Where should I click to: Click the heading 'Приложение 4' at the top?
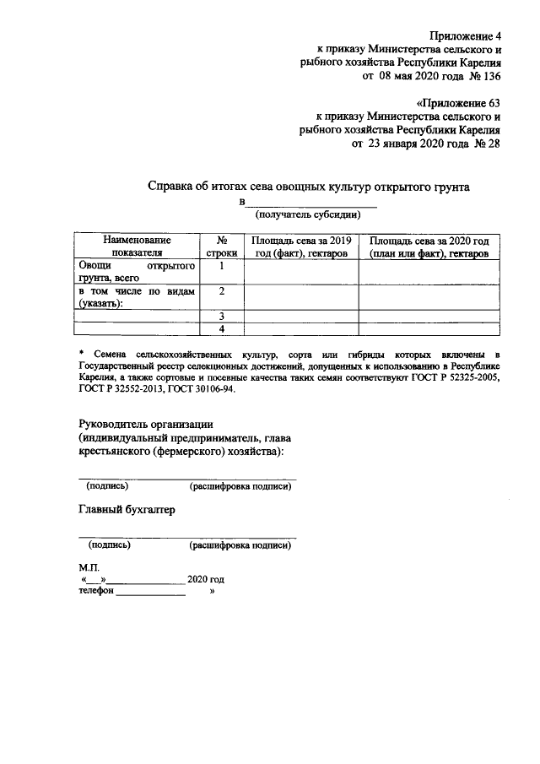(x=465, y=35)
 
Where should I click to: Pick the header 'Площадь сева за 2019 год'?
(x=300, y=247)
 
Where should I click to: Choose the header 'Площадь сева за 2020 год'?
(x=429, y=247)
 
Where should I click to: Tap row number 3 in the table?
(x=220, y=316)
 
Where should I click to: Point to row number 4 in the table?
(x=220, y=328)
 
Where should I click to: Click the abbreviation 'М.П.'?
(x=89, y=567)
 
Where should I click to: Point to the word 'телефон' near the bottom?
(x=96, y=593)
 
